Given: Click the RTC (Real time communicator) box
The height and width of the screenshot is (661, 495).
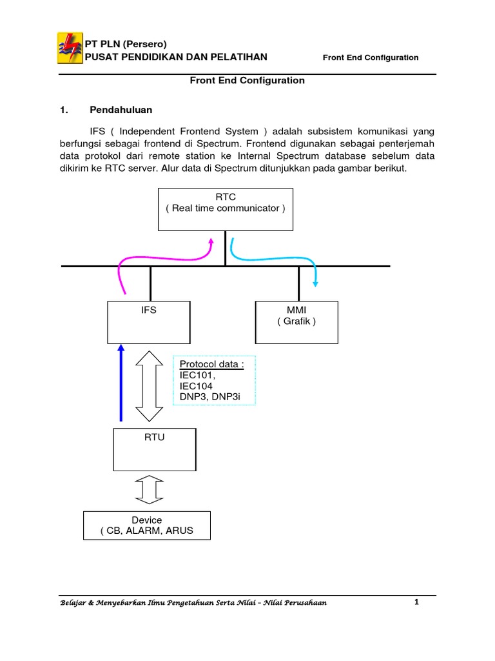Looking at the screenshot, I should (x=226, y=209).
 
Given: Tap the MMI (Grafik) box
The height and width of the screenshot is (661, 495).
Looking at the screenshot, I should (x=296, y=321).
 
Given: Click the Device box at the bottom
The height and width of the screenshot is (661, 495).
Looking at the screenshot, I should (x=147, y=525).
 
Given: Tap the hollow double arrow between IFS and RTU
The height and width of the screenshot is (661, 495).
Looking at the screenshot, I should (x=149, y=385).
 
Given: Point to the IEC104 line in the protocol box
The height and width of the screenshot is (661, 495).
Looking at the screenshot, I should (x=197, y=386).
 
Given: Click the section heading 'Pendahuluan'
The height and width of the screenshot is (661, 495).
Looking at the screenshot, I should (x=121, y=110).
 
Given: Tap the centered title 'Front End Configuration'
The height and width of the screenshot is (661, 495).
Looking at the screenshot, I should (x=247, y=81).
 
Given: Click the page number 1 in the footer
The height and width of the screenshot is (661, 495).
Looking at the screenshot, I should (x=417, y=602).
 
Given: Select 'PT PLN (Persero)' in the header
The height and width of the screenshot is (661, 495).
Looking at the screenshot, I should (x=126, y=44).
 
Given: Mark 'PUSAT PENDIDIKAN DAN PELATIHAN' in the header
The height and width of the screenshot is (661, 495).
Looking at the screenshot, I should (x=177, y=57).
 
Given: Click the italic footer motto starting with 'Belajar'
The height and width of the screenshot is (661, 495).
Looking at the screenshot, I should (x=193, y=603).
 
